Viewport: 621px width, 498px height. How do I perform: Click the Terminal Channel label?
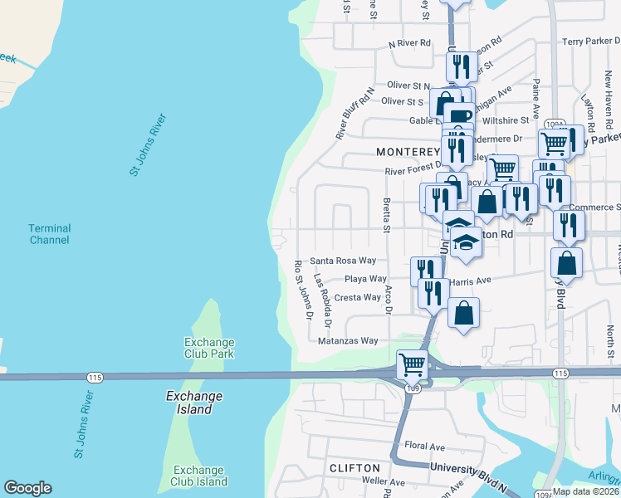coord(49,234)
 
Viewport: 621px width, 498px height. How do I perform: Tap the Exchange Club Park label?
coord(209,348)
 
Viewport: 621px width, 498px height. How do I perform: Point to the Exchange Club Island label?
coord(199,476)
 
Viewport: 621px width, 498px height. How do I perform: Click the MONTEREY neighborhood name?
coord(407,152)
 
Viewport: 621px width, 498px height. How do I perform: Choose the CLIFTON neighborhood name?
coord(355,468)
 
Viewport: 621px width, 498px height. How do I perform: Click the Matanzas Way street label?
coord(348,340)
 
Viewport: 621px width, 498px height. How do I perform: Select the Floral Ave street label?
coord(425,447)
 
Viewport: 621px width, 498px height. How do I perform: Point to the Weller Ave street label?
coord(384,482)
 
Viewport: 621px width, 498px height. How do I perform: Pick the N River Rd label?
coord(409,43)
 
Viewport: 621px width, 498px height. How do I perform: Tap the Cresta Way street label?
coord(358,297)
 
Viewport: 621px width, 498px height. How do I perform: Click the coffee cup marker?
coord(459,115)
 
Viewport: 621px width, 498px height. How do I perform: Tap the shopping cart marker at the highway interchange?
coord(413,363)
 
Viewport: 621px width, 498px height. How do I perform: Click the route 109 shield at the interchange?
coord(413,387)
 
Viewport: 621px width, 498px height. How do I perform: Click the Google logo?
coord(27,488)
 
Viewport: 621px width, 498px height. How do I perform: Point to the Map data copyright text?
coord(584,491)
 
